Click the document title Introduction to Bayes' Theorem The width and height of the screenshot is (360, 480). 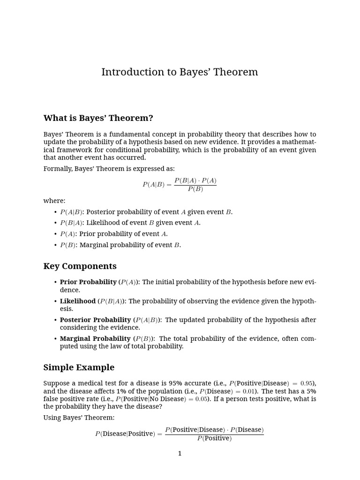[x=180, y=72]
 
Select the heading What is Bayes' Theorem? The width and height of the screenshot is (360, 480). [x=98, y=118]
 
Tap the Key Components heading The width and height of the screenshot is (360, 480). [x=80, y=266]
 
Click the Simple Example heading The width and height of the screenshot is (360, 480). [x=79, y=367]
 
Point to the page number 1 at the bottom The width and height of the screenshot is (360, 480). [x=180, y=453]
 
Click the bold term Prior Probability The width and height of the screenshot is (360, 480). [x=88, y=282]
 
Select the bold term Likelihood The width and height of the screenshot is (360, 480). [x=77, y=301]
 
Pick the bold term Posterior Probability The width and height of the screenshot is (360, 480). [x=95, y=320]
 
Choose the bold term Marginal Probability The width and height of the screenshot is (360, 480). [x=95, y=339]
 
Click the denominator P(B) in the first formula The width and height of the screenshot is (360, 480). [x=195, y=189]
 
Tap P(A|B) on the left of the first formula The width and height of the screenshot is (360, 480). [x=153, y=185]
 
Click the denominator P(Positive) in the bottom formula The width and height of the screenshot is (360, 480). [x=214, y=439]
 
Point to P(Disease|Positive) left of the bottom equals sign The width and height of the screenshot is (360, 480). [x=125, y=434]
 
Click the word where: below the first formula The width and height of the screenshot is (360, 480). [x=54, y=201]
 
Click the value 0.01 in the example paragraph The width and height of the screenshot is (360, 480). [x=248, y=391]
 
